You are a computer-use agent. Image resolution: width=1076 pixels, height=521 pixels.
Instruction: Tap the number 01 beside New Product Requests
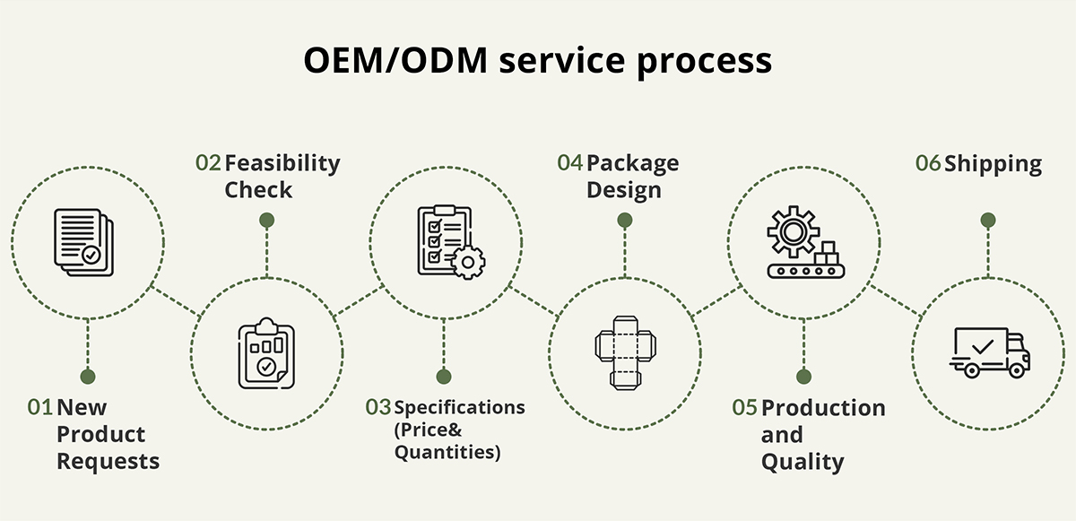click(x=39, y=407)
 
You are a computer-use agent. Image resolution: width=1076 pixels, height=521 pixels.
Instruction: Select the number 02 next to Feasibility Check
click(x=208, y=163)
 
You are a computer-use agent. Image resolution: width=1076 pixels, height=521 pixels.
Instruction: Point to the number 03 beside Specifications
click(x=378, y=407)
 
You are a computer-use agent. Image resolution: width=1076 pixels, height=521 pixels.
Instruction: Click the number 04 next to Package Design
click(x=569, y=163)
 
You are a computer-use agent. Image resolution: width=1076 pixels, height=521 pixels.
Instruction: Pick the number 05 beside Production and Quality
click(x=744, y=408)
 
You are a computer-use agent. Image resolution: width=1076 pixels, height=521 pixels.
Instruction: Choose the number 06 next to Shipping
click(x=928, y=164)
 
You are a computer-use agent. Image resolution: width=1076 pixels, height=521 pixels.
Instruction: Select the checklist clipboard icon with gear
click(x=448, y=239)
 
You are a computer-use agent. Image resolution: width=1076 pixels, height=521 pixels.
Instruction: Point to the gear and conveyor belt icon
click(x=803, y=241)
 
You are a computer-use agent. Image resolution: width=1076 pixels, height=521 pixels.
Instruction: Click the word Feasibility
click(x=282, y=164)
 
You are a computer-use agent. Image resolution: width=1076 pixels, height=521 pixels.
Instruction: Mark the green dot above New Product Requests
click(x=87, y=376)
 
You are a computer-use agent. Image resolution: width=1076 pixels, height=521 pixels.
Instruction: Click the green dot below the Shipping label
click(x=987, y=220)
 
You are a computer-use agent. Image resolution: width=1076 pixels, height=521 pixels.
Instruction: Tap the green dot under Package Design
click(x=625, y=220)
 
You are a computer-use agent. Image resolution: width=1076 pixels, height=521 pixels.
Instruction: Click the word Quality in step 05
click(x=803, y=463)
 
